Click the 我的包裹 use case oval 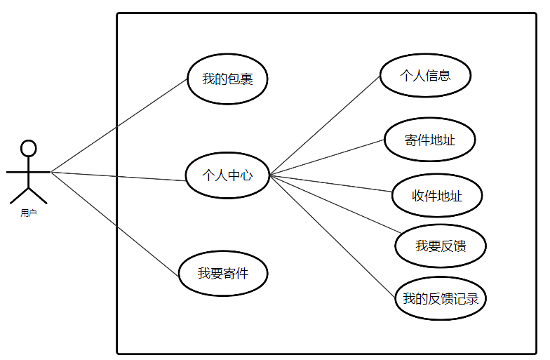click(x=227, y=79)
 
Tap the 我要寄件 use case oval click(x=223, y=274)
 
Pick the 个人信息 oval click(x=425, y=75)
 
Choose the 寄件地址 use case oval click(x=429, y=140)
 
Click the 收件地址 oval click(x=436, y=196)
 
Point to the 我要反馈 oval click(x=441, y=246)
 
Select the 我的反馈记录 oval click(x=441, y=299)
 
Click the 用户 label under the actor click(x=28, y=213)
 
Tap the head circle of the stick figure click(x=28, y=148)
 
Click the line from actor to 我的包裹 click(x=119, y=125)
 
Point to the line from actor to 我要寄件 click(x=116, y=222)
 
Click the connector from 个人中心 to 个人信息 click(x=326, y=125)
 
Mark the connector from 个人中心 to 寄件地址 click(x=328, y=156)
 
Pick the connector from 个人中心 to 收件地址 click(x=332, y=183)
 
